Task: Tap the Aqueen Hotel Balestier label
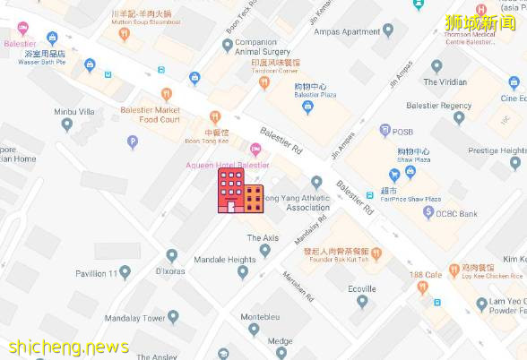227,165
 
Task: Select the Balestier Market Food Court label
151,114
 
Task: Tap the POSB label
402,132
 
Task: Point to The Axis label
263,237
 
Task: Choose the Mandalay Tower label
136,317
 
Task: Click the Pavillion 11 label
97,271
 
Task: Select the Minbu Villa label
74,112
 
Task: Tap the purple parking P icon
134,141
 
